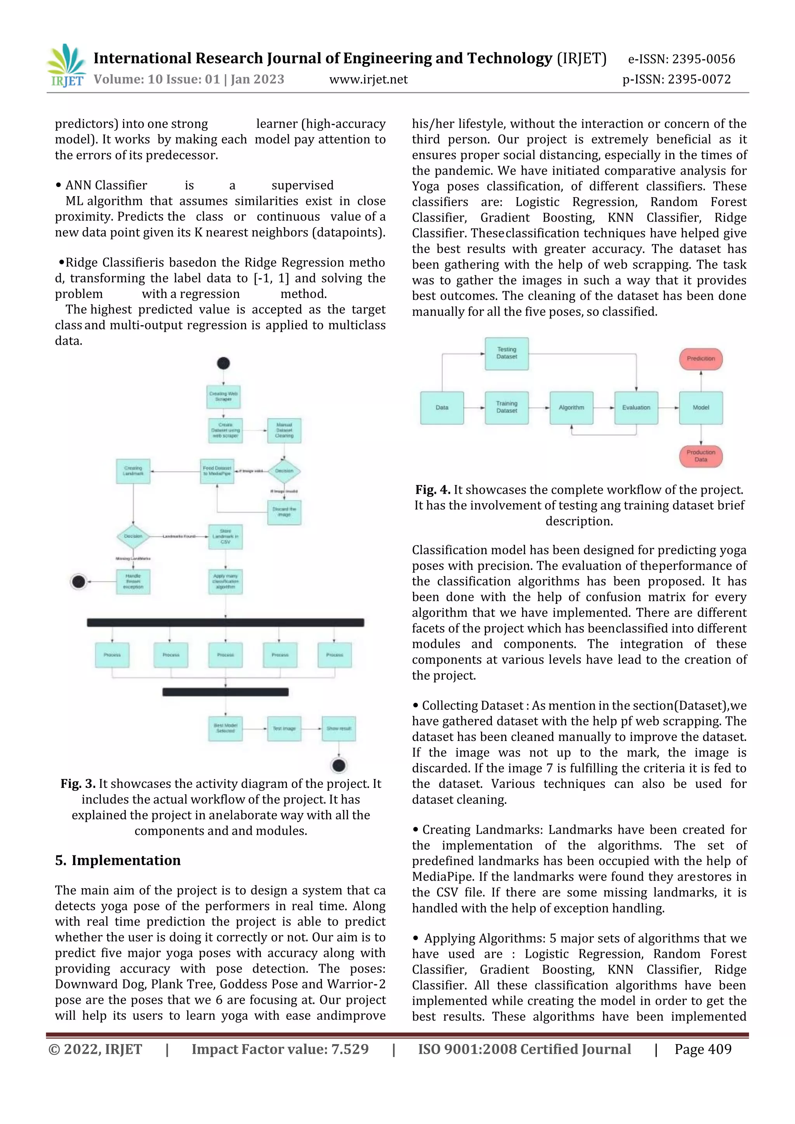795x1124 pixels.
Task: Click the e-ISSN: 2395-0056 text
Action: pos(681,59)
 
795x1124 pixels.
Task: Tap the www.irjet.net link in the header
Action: pos(368,79)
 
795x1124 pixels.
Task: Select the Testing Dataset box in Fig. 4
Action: pos(507,353)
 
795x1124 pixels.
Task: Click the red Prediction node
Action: pos(701,359)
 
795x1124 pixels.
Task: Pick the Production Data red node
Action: pos(701,456)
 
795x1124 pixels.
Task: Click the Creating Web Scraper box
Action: pos(223,397)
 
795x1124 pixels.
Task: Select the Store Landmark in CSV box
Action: pos(225,536)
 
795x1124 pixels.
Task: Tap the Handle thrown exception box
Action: pos(133,581)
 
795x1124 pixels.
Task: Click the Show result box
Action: pos(339,729)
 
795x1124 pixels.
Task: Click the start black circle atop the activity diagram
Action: pos(223,363)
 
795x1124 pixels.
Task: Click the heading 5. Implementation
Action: pos(118,860)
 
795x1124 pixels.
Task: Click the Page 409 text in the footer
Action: pos(703,1049)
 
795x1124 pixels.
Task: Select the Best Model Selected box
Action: pos(225,729)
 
